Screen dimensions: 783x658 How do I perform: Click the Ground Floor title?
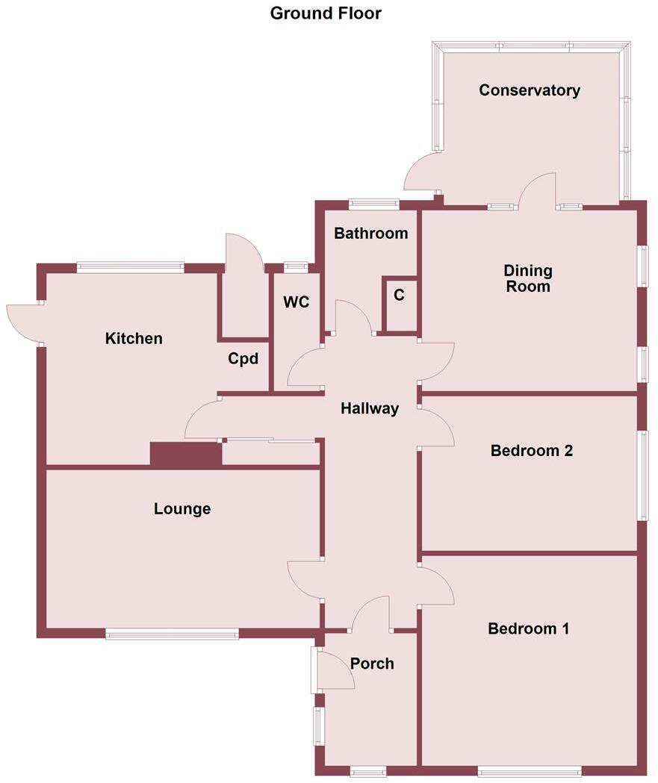pos(326,13)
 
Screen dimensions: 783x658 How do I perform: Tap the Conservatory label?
pos(529,90)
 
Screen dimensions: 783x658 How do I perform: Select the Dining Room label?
pos(527,278)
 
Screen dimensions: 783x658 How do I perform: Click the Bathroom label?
pos(370,233)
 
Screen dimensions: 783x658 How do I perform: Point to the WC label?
pos(296,302)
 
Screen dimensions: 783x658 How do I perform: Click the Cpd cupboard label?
pos(243,359)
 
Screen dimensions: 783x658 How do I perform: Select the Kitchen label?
pos(134,338)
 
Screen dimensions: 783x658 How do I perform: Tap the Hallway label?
pos(370,408)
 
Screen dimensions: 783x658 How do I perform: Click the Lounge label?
pos(182,509)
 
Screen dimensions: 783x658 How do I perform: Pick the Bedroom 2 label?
pos(531,451)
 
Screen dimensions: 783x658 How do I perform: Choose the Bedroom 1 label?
pos(528,628)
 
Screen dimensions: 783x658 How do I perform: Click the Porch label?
pos(372,663)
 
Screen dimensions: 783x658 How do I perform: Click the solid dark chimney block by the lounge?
pos(186,455)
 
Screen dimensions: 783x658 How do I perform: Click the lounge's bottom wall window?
pos(172,634)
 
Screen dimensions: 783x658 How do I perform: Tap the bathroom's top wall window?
pos(373,203)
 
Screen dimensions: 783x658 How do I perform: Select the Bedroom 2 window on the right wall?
pos(642,475)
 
